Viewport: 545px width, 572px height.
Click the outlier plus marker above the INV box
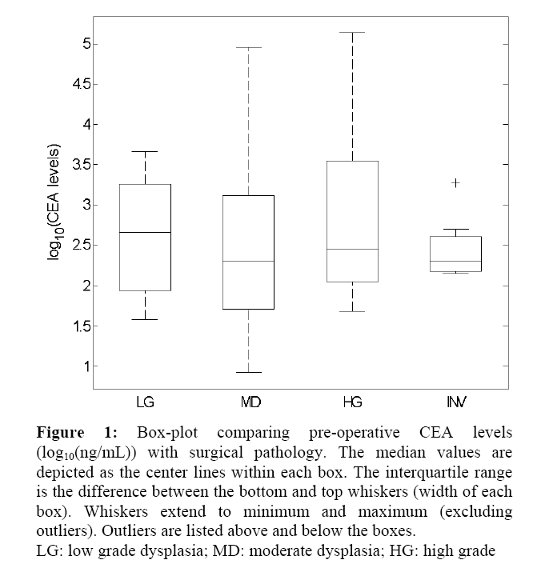click(x=455, y=183)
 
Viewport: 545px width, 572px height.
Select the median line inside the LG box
click(x=145, y=232)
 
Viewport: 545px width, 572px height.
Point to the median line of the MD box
click(x=249, y=261)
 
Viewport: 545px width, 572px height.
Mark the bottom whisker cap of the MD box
click(x=249, y=372)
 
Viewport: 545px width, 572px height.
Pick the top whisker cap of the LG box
click(x=145, y=151)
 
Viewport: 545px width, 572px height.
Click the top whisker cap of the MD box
click(x=249, y=48)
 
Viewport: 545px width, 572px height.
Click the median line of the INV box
click(x=455, y=262)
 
